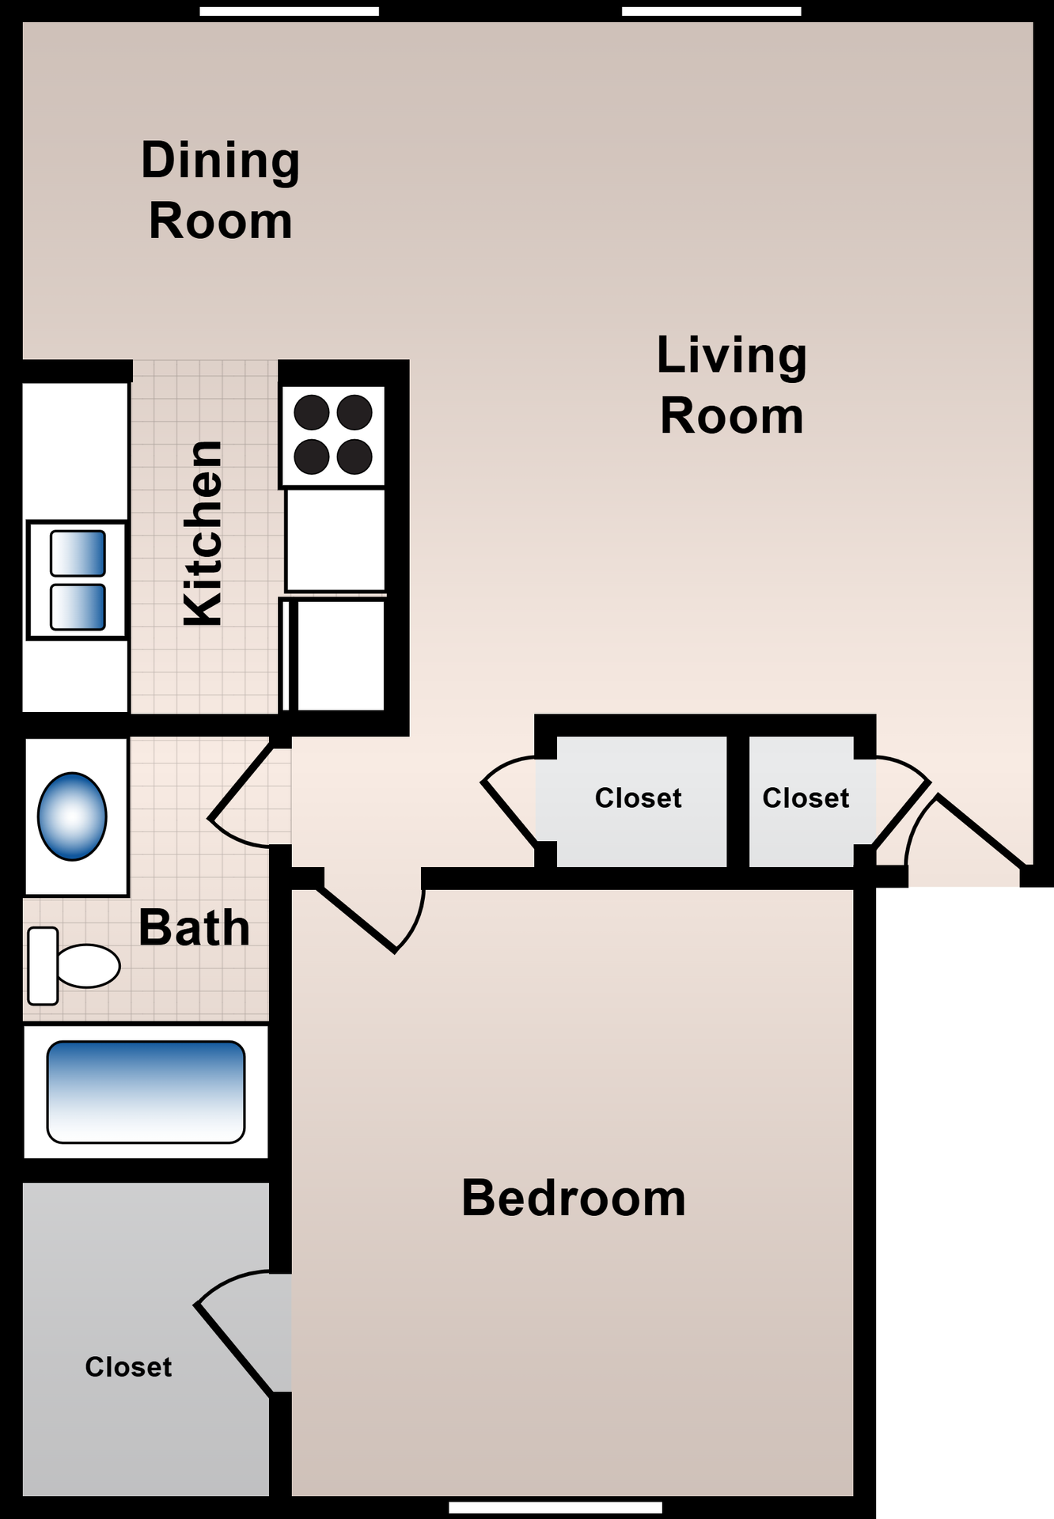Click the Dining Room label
tap(220, 190)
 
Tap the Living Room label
tap(732, 385)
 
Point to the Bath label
tap(194, 927)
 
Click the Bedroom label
tap(574, 1198)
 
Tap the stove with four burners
tap(333, 435)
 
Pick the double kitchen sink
tap(77, 580)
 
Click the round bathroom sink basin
tap(72, 816)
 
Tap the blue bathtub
tap(146, 1091)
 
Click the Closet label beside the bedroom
tap(128, 1366)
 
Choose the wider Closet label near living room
tap(638, 797)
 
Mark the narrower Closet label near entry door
tap(806, 797)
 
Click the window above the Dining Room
tap(289, 11)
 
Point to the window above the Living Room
tap(711, 11)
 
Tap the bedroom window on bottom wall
tap(555, 1507)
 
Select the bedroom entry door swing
tap(372, 918)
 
